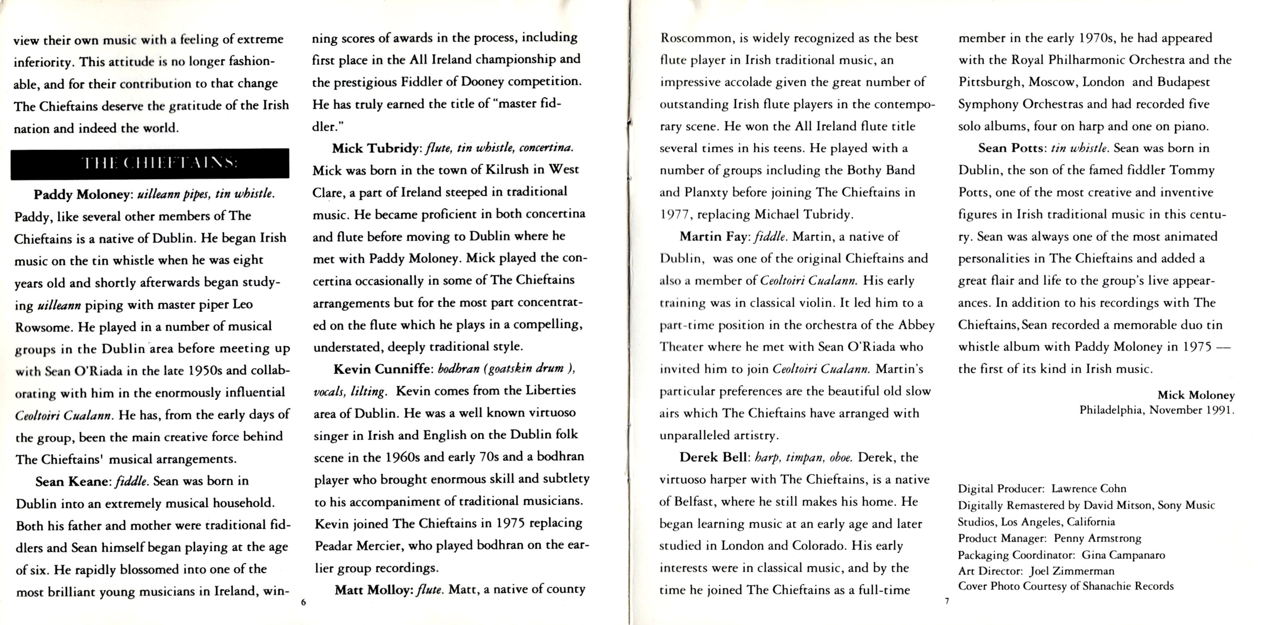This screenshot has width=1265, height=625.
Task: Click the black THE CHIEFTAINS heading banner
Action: [x=150, y=163]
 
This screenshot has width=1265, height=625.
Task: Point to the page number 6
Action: [x=303, y=602]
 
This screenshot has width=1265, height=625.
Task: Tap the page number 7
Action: [x=947, y=601]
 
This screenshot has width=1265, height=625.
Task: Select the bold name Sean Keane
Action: [x=71, y=482]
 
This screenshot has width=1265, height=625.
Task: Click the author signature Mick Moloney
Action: [x=1195, y=395]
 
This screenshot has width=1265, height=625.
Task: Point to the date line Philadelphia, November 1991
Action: [x=1157, y=410]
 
